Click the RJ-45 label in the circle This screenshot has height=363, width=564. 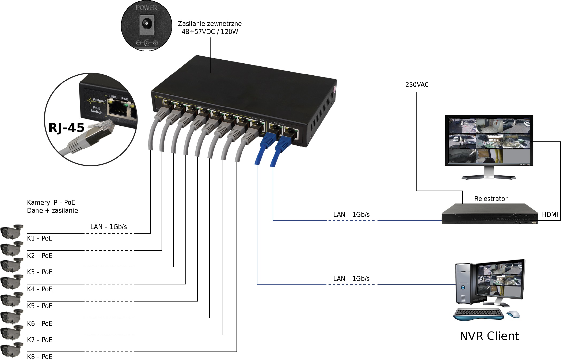(66, 128)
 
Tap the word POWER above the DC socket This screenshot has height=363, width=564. (146, 8)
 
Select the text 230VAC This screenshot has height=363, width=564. (417, 85)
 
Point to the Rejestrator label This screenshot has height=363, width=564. (491, 199)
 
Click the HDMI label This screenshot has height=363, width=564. (550, 215)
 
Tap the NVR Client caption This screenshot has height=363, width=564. (489, 336)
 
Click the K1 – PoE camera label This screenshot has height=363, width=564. (40, 238)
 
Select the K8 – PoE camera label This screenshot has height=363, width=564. (40, 357)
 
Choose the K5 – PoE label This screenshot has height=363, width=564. (40, 306)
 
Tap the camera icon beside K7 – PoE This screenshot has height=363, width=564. (12, 333)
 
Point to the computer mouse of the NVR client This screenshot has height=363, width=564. (513, 314)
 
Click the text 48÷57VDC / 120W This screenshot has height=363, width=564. (210, 32)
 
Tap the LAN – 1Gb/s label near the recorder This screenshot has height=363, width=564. (351, 215)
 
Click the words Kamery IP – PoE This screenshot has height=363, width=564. (51, 203)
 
